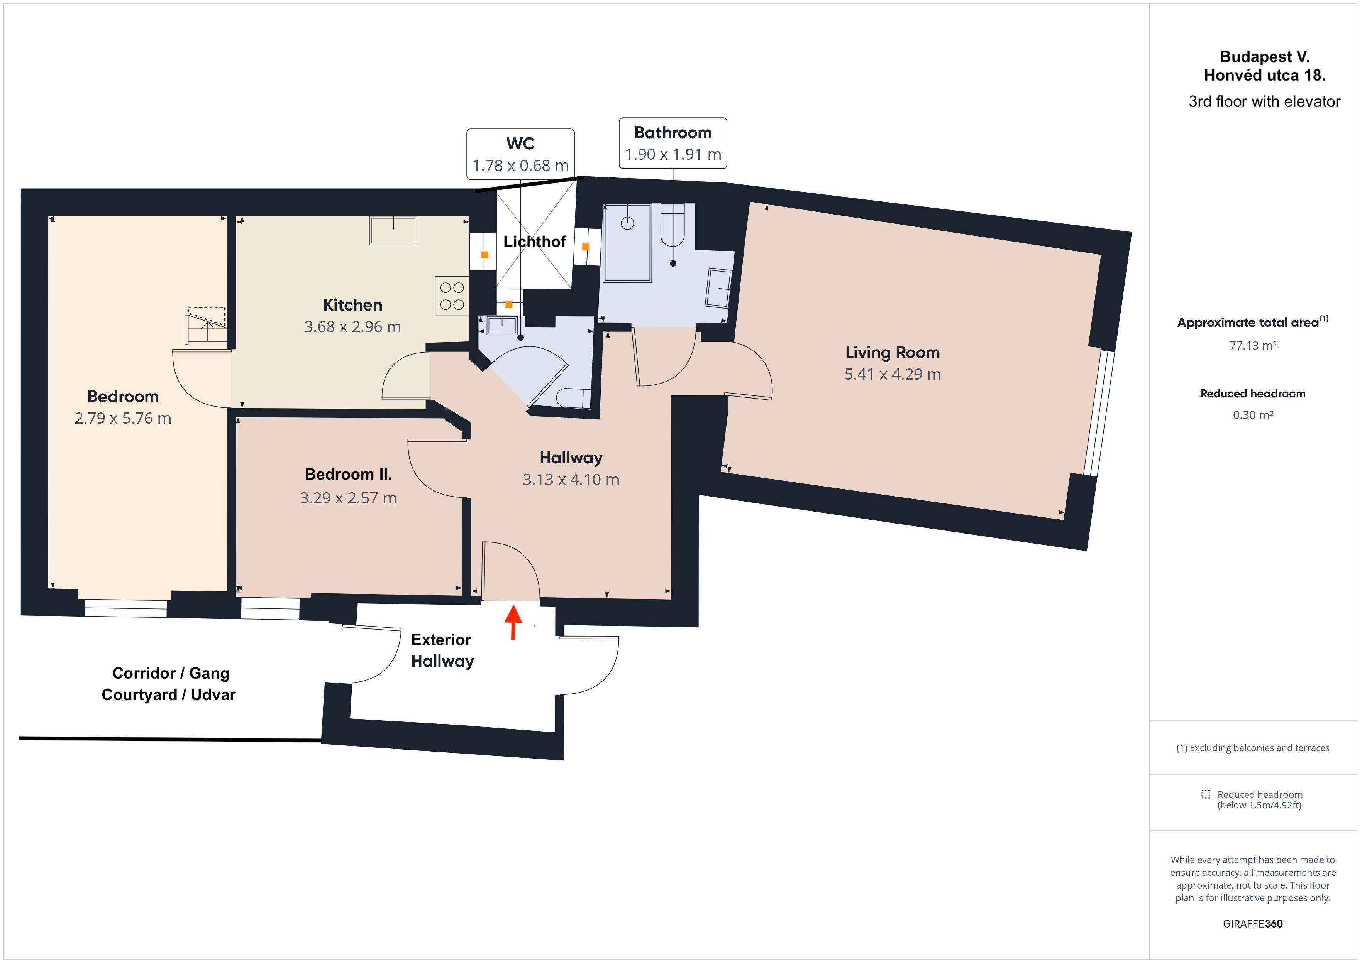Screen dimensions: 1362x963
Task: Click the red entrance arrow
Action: [513, 622]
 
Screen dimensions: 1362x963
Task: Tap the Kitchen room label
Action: [352, 305]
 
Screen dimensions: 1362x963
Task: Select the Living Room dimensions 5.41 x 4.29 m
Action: [892, 374]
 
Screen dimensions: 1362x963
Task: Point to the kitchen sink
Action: [393, 231]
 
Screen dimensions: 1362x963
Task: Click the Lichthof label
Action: [534, 242]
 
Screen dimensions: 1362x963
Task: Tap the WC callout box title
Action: [520, 144]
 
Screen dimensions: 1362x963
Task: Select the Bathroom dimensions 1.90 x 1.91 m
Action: [673, 154]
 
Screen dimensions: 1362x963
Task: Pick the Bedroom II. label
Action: [348, 475]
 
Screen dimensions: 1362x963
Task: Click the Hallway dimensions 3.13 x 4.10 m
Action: [571, 479]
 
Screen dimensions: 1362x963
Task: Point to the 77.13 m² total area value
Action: [1252, 346]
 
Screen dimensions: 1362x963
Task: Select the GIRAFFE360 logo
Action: [1253, 923]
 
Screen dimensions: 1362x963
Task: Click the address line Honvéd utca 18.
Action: [1264, 75]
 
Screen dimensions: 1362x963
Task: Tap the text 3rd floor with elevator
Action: [1264, 101]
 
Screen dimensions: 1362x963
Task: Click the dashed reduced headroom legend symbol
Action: [1205, 794]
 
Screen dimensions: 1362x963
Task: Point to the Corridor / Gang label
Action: [171, 673]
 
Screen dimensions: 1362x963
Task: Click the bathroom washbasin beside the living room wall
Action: [718, 288]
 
